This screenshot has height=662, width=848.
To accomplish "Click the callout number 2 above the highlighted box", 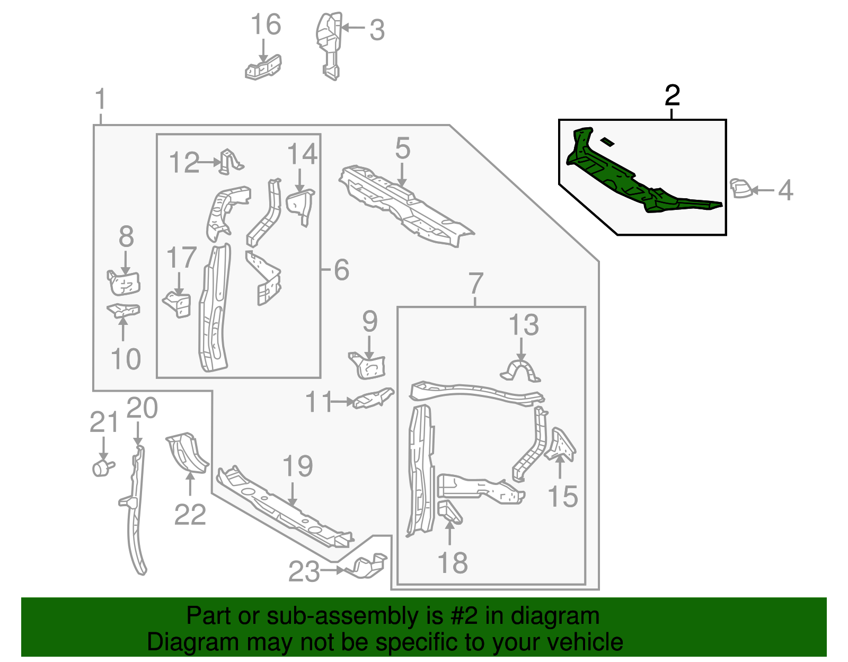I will (x=672, y=96).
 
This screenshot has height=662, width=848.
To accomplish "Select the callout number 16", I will (x=266, y=25).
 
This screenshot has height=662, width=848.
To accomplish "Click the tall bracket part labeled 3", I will (x=328, y=45).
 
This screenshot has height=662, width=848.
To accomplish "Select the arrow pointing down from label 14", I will (x=300, y=180).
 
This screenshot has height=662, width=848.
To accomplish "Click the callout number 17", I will (x=181, y=258).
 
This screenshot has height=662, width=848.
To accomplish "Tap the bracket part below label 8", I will (x=125, y=283).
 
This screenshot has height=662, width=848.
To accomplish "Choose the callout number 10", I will (x=126, y=359).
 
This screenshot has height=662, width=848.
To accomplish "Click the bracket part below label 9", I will (x=369, y=366).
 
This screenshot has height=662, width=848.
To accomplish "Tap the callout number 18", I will (x=453, y=562).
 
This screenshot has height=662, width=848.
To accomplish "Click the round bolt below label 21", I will (x=102, y=468).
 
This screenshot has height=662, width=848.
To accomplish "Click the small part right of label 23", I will (x=367, y=567).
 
